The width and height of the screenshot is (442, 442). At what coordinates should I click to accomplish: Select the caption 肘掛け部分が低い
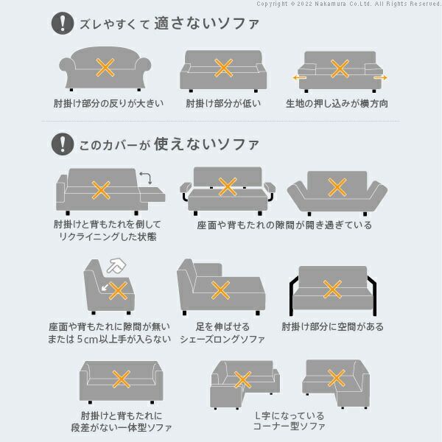[x=221, y=103]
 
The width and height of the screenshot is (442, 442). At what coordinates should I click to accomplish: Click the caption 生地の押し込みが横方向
[x=337, y=103]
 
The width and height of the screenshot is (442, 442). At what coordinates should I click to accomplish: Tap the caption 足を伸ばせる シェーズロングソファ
[x=221, y=332]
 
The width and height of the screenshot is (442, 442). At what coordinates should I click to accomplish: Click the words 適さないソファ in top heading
[x=207, y=24]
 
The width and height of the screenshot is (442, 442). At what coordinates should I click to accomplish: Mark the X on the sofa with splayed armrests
[x=337, y=188]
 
